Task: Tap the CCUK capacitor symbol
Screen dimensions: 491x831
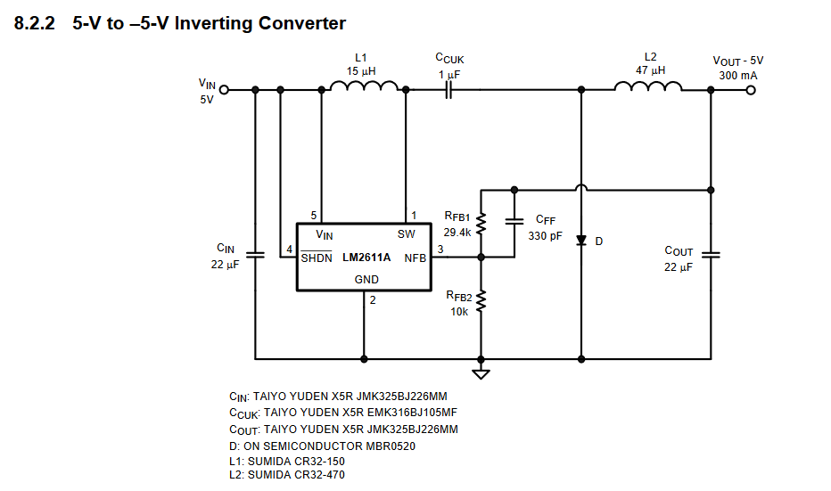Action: [448, 89]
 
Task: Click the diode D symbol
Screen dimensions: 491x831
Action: [581, 241]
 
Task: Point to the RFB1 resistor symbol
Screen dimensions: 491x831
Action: [481, 223]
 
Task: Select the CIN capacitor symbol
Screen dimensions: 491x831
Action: [256, 254]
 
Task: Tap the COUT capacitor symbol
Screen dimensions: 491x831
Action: [712, 254]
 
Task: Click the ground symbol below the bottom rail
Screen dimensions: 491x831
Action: [481, 372]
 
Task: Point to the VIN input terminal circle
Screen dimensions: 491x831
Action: [224, 89]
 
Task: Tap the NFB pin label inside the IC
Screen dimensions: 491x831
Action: [415, 258]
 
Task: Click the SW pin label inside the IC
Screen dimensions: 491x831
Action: [406, 234]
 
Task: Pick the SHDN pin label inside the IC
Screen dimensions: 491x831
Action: [317, 258]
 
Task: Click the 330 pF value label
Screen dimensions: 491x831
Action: [545, 236]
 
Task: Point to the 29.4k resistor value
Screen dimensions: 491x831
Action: [457, 232]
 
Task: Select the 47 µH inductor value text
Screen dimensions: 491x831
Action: [650, 70]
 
